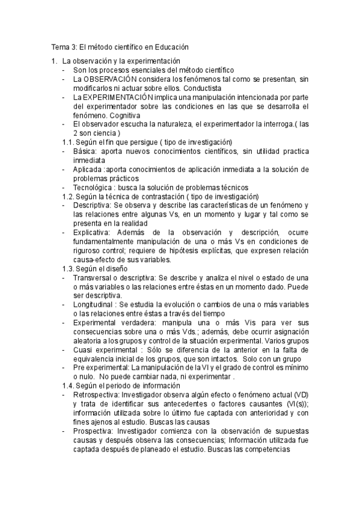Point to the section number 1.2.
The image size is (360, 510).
pos(69,196)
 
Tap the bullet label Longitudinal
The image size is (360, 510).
pos(96,305)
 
